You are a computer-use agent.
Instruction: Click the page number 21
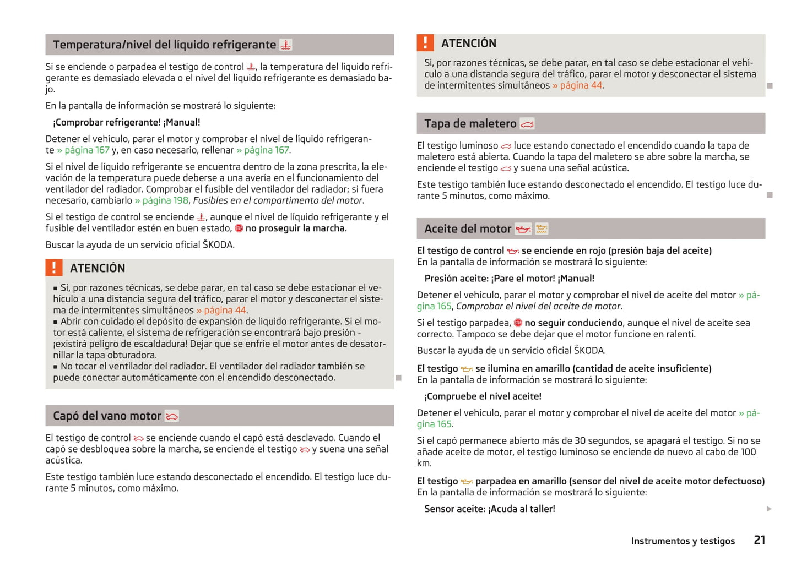759,540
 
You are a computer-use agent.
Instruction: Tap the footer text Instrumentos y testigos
683,541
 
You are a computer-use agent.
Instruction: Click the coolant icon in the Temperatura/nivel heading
285,45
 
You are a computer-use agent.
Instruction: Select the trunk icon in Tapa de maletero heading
527,124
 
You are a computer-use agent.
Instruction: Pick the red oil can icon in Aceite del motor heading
523,229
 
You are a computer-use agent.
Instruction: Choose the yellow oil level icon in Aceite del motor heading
542,229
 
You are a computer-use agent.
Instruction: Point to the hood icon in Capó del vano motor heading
172,416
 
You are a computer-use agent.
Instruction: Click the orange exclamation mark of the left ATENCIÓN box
53,268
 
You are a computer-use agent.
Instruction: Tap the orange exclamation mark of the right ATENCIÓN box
425,43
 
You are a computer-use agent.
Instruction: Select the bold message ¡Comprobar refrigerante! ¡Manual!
126,122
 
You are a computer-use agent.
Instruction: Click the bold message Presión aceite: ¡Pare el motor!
509,279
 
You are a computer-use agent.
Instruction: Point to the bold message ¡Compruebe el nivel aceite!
483,396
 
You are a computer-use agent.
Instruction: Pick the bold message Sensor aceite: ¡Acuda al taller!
489,509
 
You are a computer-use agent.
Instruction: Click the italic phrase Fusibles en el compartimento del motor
278,200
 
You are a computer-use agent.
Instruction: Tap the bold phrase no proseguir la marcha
296,228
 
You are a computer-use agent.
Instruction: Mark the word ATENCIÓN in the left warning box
98,268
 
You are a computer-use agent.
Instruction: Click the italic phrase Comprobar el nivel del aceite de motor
538,307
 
